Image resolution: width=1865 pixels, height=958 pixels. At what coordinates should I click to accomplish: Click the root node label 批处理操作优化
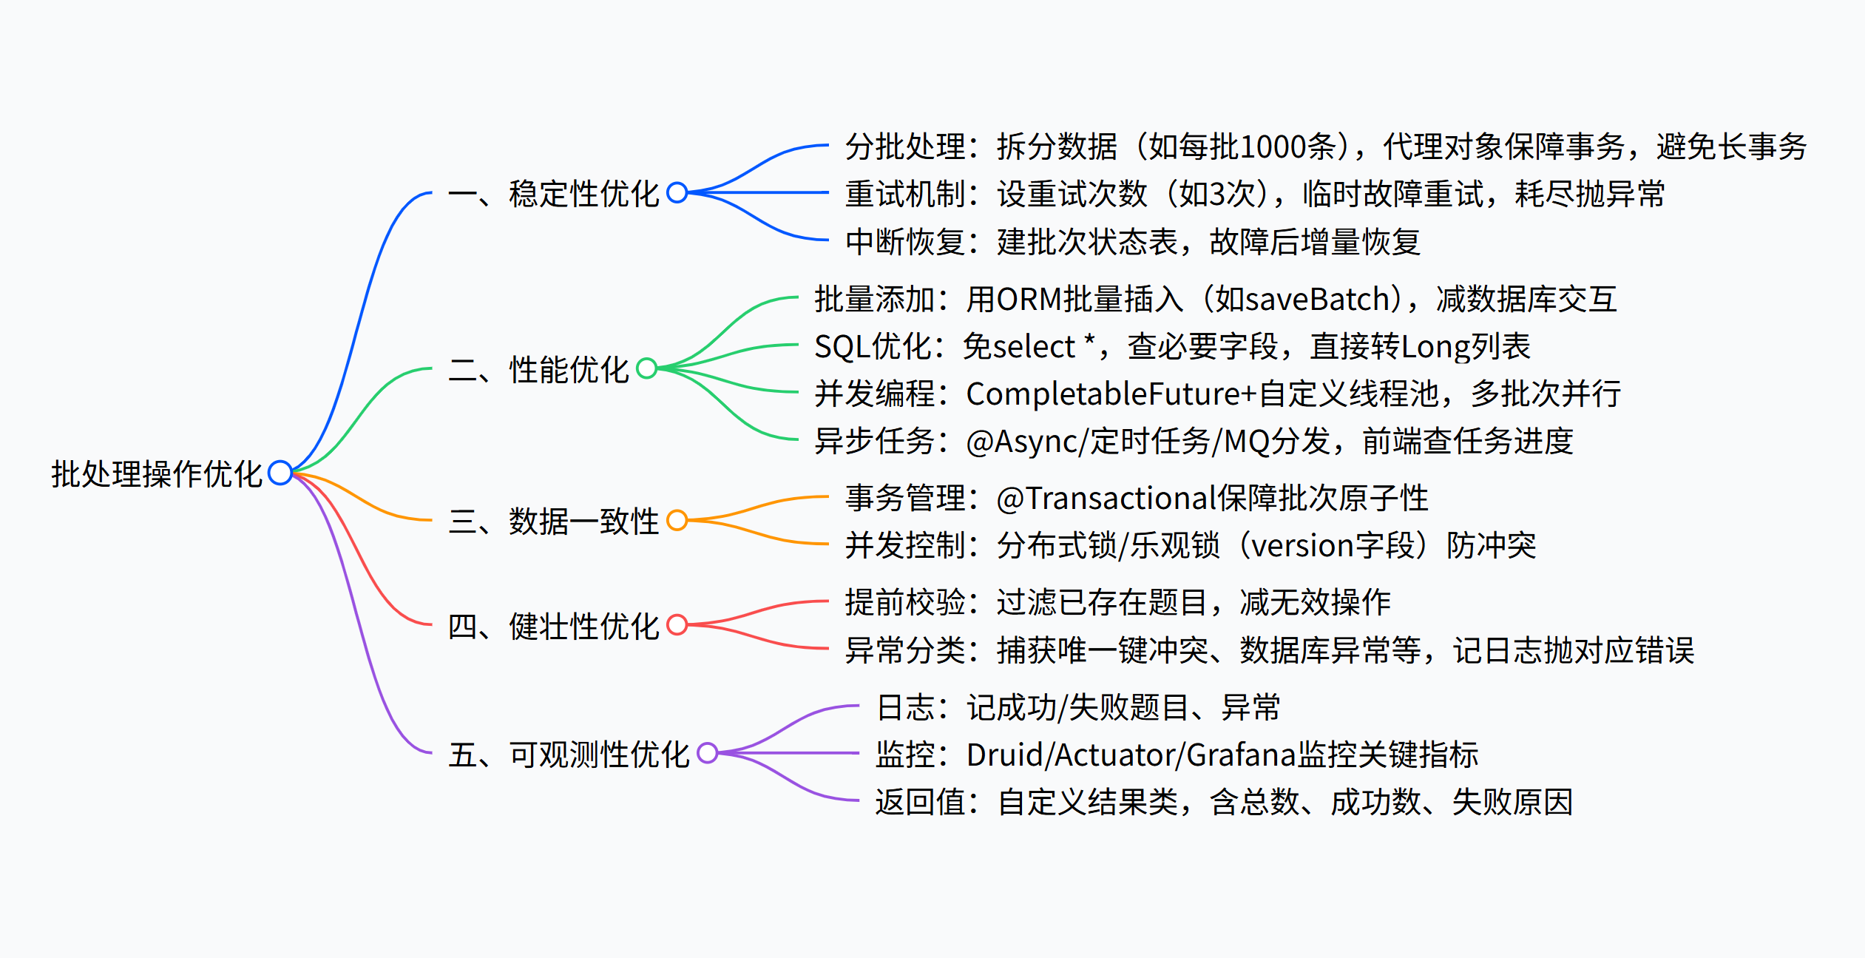pos(156,474)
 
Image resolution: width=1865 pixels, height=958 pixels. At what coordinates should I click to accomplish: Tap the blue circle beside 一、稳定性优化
pos(677,193)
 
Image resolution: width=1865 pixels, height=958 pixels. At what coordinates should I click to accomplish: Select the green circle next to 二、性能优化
pos(646,368)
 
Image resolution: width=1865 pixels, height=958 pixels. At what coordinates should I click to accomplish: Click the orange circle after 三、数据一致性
pos(677,521)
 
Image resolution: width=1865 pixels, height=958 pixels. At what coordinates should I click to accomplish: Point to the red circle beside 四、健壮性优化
pos(677,625)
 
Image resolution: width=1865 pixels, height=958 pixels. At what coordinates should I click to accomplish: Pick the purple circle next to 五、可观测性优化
pos(708,753)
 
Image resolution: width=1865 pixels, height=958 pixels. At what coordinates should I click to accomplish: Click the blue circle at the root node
pos(280,473)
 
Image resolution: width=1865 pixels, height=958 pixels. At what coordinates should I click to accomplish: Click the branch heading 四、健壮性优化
pos(553,627)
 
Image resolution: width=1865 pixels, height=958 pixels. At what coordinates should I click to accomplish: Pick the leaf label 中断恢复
pos(905,242)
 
